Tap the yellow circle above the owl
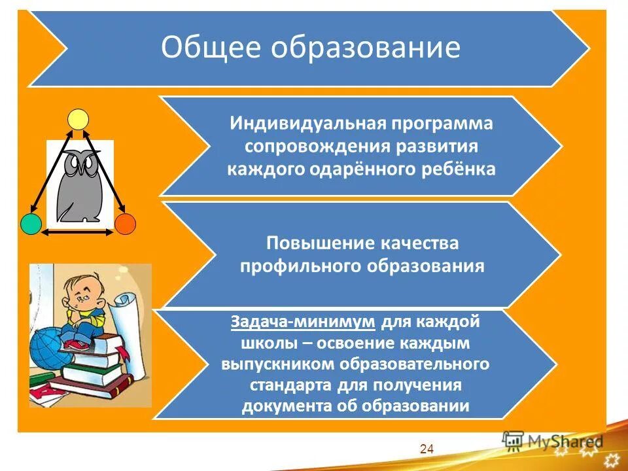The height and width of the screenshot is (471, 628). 78,119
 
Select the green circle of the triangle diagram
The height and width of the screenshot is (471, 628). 31,224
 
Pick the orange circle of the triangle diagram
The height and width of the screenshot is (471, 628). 125,224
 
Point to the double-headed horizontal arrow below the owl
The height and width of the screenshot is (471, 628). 78,232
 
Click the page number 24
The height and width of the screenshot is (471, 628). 427,449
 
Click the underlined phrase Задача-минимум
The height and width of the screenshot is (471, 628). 303,322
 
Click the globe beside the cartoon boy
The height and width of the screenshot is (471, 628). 47,346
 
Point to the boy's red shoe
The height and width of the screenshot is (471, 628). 82,343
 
